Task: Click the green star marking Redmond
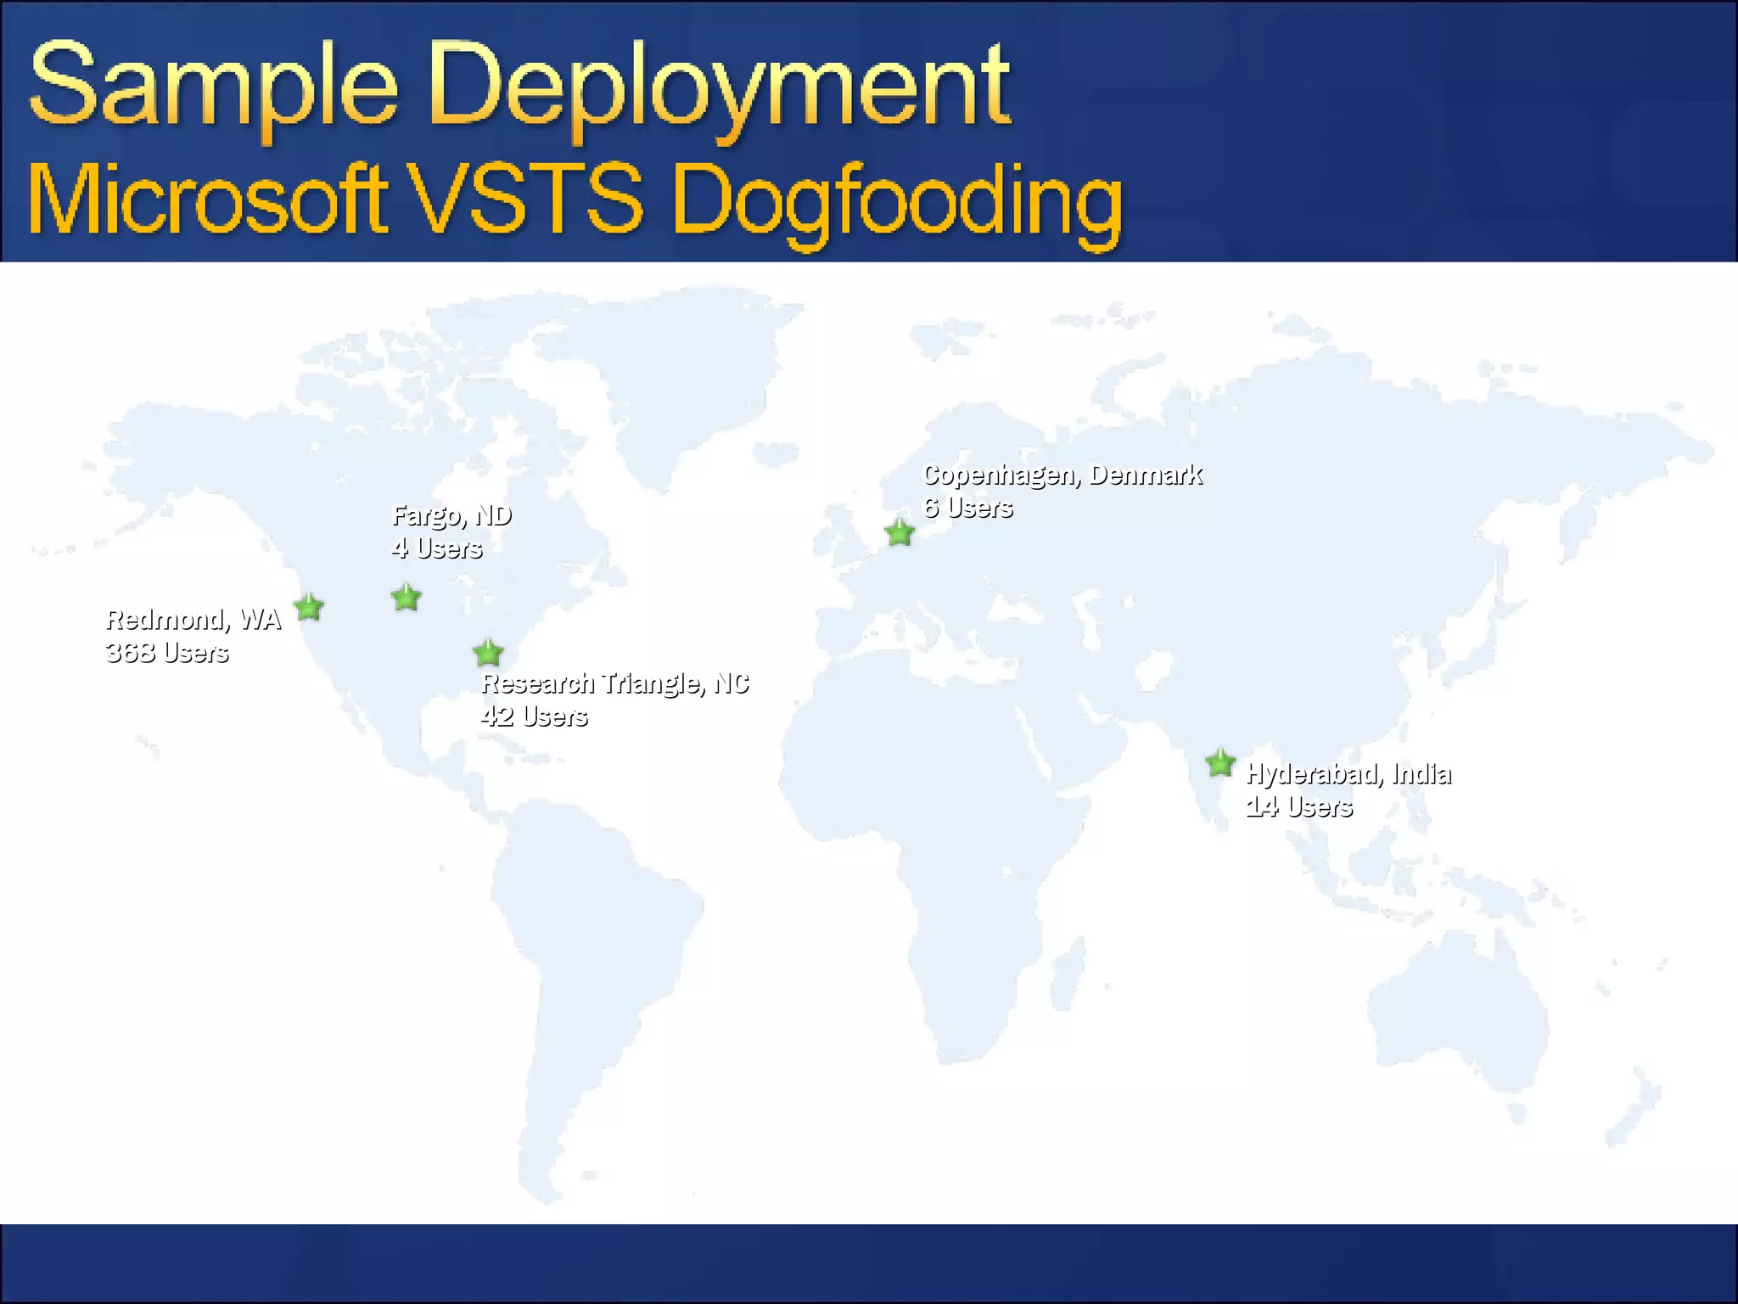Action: pyautogui.click(x=309, y=608)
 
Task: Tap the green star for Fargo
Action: pyautogui.click(x=406, y=599)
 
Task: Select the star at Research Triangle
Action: pyautogui.click(x=488, y=654)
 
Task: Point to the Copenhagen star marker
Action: pyautogui.click(x=900, y=533)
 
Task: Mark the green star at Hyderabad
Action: pyautogui.click(x=1220, y=763)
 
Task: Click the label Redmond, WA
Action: pyautogui.click(x=193, y=620)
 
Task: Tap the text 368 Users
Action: pyautogui.click(x=167, y=653)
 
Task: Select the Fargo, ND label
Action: pyautogui.click(x=451, y=515)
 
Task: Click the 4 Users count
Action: pyautogui.click(x=436, y=548)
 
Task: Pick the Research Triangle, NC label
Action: pyautogui.click(x=615, y=683)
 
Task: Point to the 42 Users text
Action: pyautogui.click(x=534, y=717)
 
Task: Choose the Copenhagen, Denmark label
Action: pyautogui.click(x=1062, y=475)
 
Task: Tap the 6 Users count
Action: pyautogui.click(x=967, y=508)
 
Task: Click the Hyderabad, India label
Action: pyautogui.click(x=1348, y=773)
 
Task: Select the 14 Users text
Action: pyautogui.click(x=1298, y=807)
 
